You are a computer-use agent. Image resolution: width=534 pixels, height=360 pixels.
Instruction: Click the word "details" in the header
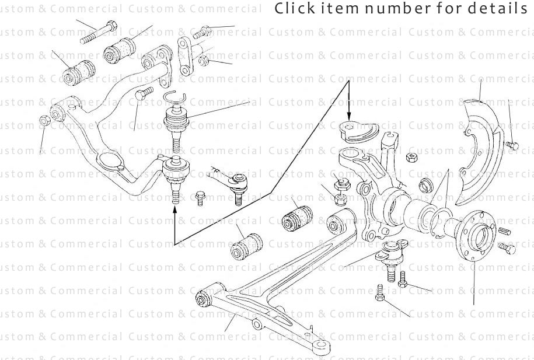tap(502, 9)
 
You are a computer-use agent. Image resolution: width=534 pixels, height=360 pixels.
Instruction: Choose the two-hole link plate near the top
tap(186, 55)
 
